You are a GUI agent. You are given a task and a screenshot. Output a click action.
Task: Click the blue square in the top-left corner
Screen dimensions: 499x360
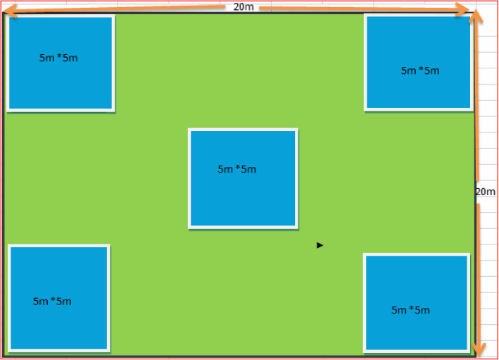tap(61, 63)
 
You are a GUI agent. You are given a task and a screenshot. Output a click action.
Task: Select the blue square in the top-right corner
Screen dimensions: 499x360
tap(418, 63)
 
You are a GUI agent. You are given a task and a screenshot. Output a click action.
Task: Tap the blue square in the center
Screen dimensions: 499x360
tap(243, 178)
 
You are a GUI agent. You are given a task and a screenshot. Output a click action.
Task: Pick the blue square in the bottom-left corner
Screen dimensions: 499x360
tap(59, 297)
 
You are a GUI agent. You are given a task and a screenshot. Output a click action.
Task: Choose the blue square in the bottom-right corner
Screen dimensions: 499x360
tap(416, 302)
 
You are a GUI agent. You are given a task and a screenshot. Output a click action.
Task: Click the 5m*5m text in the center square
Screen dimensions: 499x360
tap(237, 169)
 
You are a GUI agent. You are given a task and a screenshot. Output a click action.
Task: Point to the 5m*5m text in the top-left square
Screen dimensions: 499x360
tap(58, 58)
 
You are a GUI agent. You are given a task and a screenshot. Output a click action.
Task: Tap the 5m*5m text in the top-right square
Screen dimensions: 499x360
tap(420, 70)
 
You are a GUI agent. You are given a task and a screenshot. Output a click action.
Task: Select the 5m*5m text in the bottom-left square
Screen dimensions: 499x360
tap(52, 302)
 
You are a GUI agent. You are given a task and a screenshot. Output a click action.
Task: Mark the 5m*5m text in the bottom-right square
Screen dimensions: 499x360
tap(410, 310)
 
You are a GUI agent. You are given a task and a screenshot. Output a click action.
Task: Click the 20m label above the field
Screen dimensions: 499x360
tap(244, 6)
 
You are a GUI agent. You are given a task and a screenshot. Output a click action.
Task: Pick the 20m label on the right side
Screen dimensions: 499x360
tap(486, 192)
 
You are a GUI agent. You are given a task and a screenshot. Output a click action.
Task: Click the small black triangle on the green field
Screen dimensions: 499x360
tap(320, 245)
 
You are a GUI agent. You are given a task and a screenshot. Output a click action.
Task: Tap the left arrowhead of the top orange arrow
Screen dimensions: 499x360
tap(8, 10)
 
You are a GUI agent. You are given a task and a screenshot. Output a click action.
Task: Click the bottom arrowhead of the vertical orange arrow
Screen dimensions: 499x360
tap(479, 349)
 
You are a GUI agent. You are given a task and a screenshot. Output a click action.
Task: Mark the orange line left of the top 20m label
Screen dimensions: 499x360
tap(120, 8)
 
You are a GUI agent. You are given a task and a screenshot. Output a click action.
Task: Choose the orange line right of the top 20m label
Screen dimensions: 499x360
tap(359, 8)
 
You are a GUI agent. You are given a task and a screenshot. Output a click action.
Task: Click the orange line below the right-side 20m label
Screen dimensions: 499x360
tap(479, 275)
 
